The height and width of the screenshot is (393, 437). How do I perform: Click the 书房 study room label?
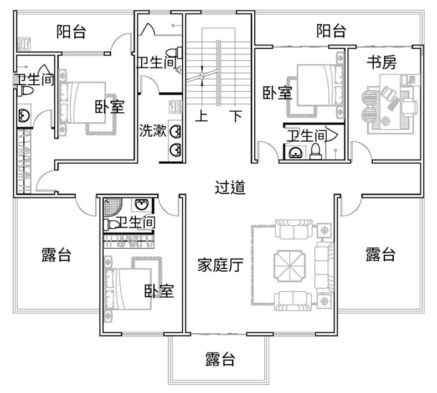[381, 62]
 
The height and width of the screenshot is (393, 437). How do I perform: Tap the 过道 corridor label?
[230, 187]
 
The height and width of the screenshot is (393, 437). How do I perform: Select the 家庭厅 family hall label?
[220, 265]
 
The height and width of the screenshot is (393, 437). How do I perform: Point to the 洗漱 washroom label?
[153, 130]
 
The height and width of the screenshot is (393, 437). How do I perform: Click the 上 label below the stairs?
[202, 116]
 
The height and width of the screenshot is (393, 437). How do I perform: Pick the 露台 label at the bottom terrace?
[220, 359]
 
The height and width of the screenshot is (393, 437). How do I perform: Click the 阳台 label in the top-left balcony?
[71, 32]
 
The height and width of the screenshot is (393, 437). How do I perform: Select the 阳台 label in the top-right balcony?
[331, 30]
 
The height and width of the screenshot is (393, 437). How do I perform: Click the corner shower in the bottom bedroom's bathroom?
[111, 206]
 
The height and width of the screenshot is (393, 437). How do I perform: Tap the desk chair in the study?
[409, 107]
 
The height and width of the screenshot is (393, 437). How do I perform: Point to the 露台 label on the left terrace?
[56, 255]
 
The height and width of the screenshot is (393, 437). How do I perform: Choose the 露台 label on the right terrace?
[381, 254]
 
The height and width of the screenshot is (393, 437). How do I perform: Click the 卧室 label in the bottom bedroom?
[159, 291]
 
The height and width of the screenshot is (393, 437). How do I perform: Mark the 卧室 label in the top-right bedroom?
[277, 92]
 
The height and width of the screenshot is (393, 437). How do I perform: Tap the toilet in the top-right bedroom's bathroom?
[316, 152]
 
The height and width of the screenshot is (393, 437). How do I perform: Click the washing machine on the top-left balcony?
[24, 44]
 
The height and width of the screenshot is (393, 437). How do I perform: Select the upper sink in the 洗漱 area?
[176, 132]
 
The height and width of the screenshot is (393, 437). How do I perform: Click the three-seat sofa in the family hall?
[324, 268]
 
